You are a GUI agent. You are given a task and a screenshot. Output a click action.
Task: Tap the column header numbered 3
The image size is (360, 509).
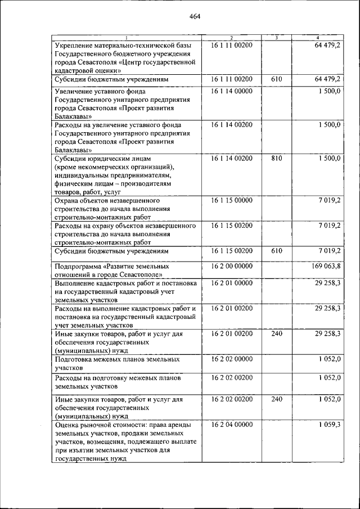(x=276, y=38)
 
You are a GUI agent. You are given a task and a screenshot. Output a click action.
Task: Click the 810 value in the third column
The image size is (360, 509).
(x=276, y=159)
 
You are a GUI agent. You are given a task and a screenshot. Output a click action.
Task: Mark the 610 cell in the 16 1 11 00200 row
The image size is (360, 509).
(x=276, y=80)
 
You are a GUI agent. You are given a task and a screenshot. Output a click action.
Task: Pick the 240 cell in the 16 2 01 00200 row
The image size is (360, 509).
(x=276, y=334)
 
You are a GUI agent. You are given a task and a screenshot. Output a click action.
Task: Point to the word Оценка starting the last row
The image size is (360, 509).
(x=67, y=425)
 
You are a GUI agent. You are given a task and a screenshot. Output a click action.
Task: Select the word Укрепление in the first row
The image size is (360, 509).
(x=75, y=44)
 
